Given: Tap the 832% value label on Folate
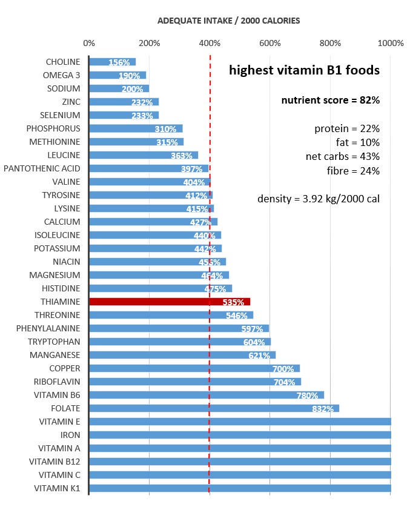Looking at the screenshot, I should (x=323, y=408).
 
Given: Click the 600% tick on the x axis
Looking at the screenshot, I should (x=270, y=43).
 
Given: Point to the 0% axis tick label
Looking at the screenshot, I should (x=89, y=43).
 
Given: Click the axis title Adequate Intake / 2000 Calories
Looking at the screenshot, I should (x=228, y=21).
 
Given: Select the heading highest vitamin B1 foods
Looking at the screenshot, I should (x=304, y=70).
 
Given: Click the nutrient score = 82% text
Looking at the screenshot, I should (x=330, y=101).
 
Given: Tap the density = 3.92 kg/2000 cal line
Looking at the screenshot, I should (x=319, y=198).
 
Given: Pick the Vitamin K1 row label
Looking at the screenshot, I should (x=57, y=488).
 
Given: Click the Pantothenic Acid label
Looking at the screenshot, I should (x=42, y=168).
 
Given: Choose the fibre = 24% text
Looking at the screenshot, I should (x=353, y=171).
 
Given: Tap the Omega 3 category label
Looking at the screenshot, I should (x=61, y=75).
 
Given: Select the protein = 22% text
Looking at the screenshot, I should (x=347, y=128).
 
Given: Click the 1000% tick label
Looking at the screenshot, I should (x=390, y=43).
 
